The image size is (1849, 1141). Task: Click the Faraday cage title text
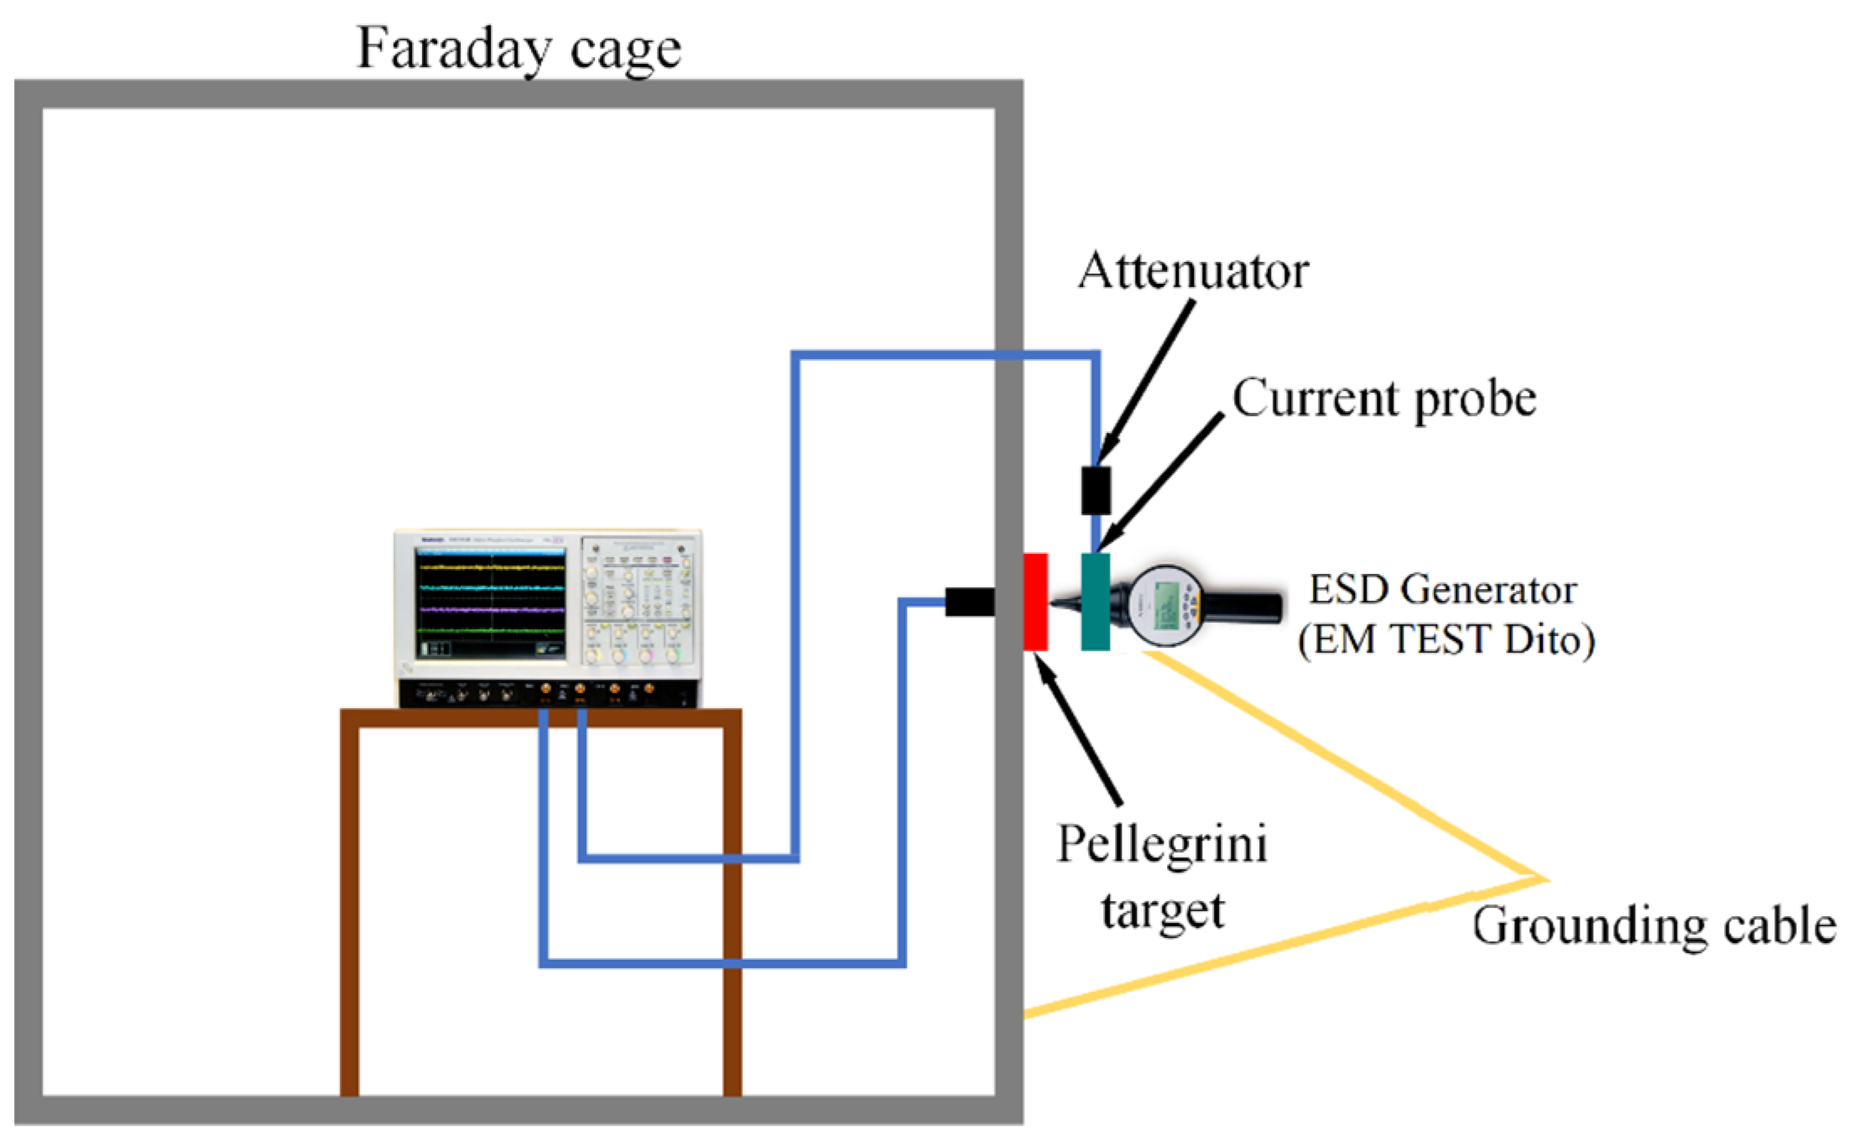pyautogui.click(x=518, y=49)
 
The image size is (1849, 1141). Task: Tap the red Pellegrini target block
pyautogui.click(x=1035, y=602)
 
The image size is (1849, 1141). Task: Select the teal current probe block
pyautogui.click(x=1095, y=602)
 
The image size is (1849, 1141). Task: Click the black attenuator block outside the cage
pyautogui.click(x=1095, y=490)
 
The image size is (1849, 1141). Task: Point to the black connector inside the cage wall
pyautogui.click(x=970, y=602)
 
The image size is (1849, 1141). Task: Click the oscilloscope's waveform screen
pyautogui.click(x=491, y=602)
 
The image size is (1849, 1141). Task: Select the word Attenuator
pyautogui.click(x=1193, y=271)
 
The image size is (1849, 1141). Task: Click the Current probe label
pyautogui.click(x=1383, y=398)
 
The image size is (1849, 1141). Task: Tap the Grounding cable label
pyautogui.click(x=1653, y=926)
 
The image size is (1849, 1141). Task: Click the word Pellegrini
pyautogui.click(x=1161, y=844)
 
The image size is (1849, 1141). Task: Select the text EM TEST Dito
pyautogui.click(x=1446, y=640)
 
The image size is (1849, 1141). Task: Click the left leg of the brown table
pyautogui.click(x=350, y=906)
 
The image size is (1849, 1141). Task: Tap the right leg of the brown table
pyautogui.click(x=732, y=906)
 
